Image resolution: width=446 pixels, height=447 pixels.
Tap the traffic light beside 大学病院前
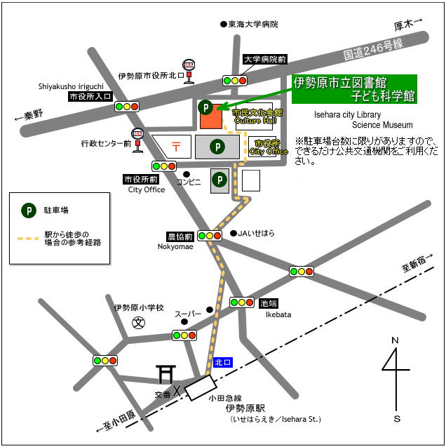coord(235,80)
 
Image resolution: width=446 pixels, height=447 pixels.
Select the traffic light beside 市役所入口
coord(127,107)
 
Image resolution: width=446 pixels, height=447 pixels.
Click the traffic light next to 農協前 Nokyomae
coord(210,236)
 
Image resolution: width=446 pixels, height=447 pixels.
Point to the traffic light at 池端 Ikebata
coord(241,302)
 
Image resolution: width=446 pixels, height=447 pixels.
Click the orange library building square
coord(210,117)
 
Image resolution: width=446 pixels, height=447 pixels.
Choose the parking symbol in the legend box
coord(29,210)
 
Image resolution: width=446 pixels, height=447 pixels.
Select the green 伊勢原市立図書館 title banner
coord(354,89)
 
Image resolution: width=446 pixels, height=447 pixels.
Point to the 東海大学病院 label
coord(252,24)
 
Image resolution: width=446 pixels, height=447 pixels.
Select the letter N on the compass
coord(395,340)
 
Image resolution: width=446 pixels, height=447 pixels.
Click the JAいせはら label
coord(255,233)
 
